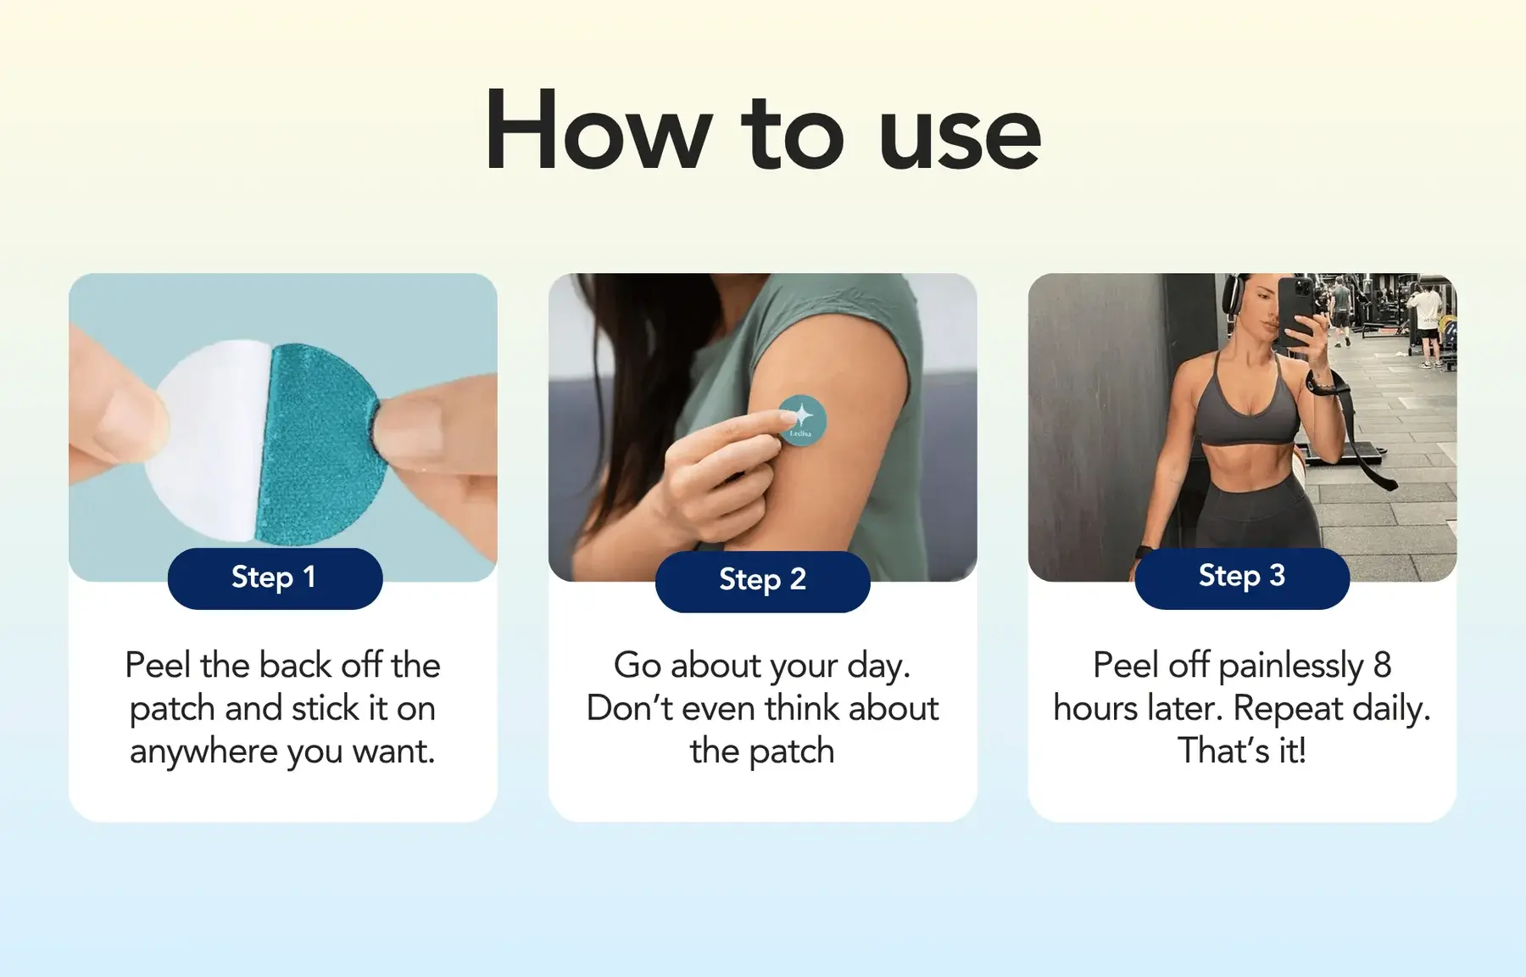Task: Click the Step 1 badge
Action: tap(275, 578)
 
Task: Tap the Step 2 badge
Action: tap(762, 581)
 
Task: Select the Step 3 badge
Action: tap(1241, 578)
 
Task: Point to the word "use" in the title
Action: tap(959, 136)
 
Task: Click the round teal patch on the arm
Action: tap(802, 420)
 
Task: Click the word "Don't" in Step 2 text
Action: tap(628, 708)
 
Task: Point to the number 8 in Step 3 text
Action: tap(1382, 665)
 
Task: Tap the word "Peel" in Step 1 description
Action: tap(158, 665)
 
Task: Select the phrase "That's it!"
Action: tap(1241, 751)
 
